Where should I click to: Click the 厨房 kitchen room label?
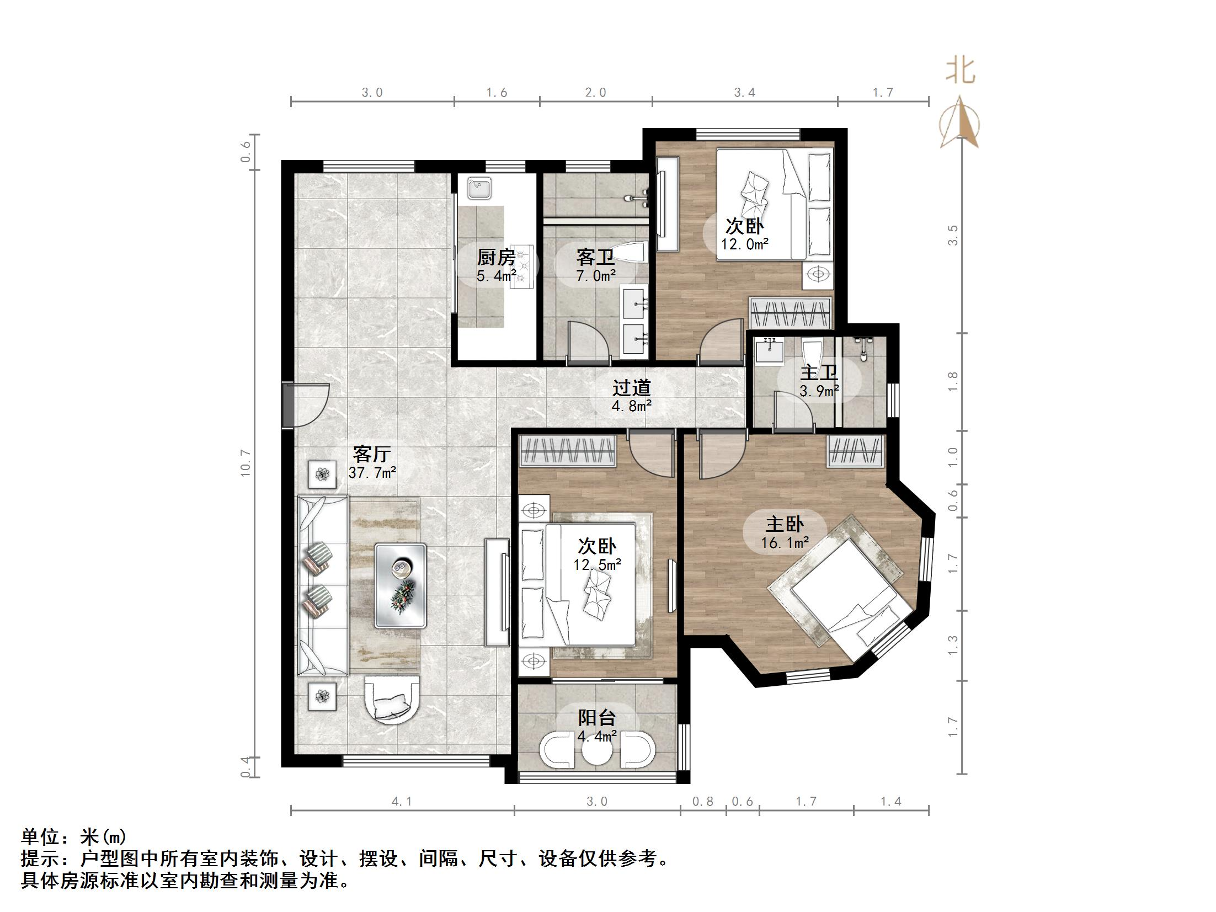(496, 257)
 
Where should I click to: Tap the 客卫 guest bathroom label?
(595, 257)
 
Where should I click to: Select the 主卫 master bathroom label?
(819, 373)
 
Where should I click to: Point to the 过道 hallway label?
(631, 388)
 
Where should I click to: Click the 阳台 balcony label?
(597, 717)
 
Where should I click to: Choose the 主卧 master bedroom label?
(785, 524)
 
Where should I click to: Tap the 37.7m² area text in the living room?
(372, 472)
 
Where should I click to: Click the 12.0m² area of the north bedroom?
(745, 244)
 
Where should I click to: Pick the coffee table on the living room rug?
(401, 585)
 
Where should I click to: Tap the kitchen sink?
(479, 189)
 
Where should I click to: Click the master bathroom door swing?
(793, 410)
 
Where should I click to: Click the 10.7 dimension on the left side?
(246, 463)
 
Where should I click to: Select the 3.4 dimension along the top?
(744, 93)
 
